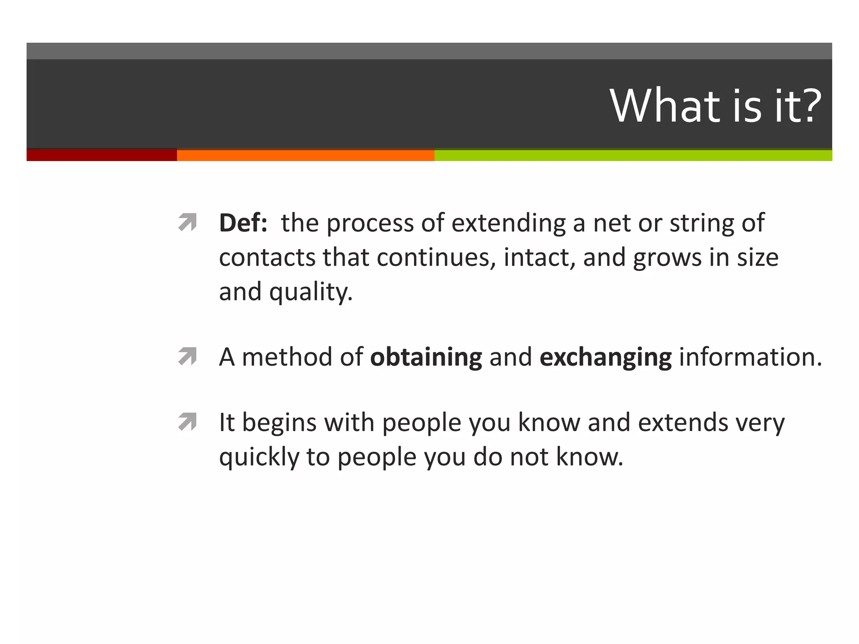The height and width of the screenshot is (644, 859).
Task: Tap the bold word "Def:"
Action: (243, 223)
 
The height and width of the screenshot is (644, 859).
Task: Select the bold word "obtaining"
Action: (426, 357)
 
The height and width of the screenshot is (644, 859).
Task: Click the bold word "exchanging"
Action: (605, 357)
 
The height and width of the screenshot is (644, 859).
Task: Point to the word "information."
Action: (750, 357)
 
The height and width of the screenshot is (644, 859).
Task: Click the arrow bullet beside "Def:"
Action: (187, 222)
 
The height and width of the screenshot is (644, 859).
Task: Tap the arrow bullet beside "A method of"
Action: (187, 356)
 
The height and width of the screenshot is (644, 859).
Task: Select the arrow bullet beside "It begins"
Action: (187, 422)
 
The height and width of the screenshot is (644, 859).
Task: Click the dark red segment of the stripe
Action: (102, 155)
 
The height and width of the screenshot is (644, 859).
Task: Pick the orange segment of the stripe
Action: (305, 155)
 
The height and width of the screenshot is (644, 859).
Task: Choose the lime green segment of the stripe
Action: (633, 155)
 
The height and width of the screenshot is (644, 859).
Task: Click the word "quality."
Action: (311, 292)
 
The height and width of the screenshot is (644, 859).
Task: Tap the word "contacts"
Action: (267, 257)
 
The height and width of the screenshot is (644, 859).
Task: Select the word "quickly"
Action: (259, 457)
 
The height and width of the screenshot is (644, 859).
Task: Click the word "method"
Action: (287, 357)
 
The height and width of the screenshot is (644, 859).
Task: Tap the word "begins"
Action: (279, 423)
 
